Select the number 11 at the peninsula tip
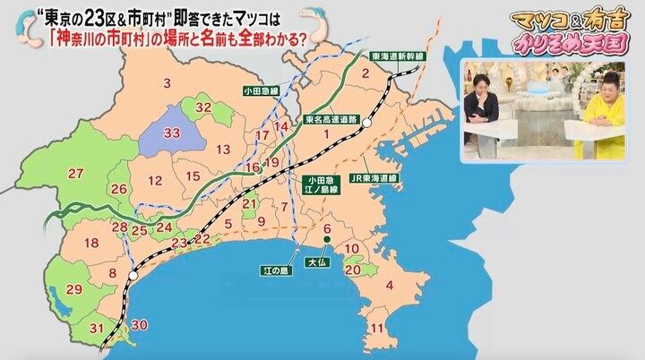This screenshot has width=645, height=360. pos(377,328)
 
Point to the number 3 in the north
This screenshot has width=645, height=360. pos(167,83)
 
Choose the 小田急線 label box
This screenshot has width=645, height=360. pos(261,90)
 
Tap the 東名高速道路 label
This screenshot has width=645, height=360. pos(331,117)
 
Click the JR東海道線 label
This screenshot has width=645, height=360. pos(374,177)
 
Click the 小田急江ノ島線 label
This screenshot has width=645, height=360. pos(320,184)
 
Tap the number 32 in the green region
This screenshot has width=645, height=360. pos(202,107)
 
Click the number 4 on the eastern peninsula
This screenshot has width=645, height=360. pos(389,286)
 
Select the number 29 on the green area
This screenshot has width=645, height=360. pos(74,288)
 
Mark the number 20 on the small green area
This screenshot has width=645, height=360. pos(352,269)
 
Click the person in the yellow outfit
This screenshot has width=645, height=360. pos(603,112)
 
